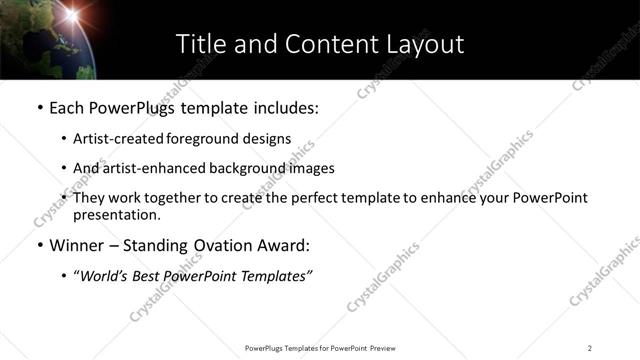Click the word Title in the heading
[198, 44]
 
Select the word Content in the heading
[317, 44]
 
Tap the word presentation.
[116, 215]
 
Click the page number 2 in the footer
[590, 347]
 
